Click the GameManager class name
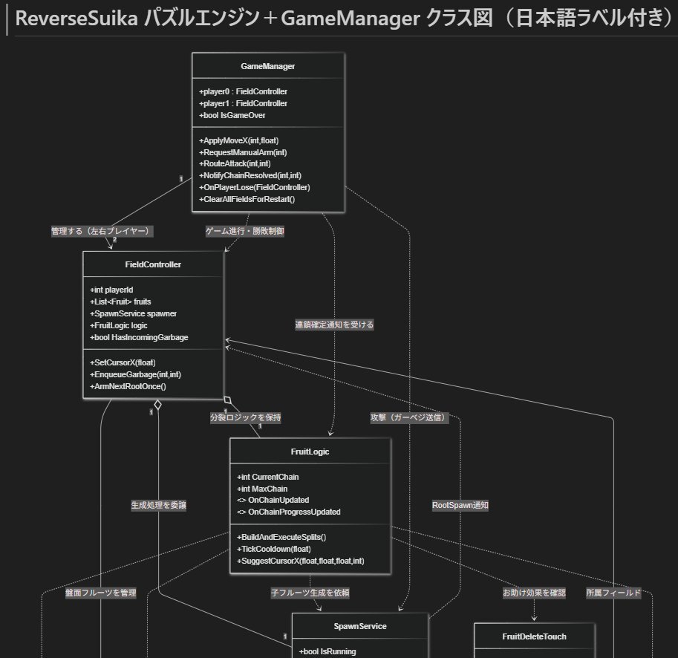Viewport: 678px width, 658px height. [268, 67]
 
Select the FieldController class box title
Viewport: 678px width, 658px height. [154, 264]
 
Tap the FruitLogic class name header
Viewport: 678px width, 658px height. [310, 452]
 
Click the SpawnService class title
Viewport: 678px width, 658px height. [360, 627]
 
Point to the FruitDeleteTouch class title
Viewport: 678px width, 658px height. [535, 636]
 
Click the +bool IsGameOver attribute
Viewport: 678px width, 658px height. [233, 115]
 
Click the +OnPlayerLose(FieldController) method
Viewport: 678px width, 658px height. [255, 187]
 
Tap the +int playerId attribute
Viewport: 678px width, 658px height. [112, 290]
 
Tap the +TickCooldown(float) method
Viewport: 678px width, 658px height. [269, 549]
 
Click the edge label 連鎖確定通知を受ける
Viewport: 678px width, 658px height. [334, 325]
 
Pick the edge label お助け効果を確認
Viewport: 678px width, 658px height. [534, 593]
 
